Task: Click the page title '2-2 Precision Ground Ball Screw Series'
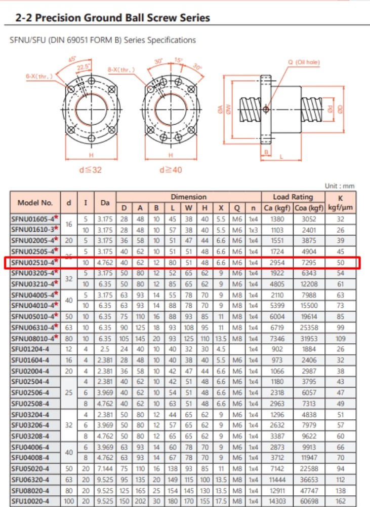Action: [x=112, y=18]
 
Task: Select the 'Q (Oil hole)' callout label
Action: [x=304, y=62]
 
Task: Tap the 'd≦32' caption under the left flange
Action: [x=91, y=170]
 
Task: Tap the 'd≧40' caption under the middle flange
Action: [x=171, y=170]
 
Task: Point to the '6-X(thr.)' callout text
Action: [x=38, y=76]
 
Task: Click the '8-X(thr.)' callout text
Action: [x=121, y=69]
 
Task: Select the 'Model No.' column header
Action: [x=35, y=202]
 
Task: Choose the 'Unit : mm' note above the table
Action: [x=340, y=187]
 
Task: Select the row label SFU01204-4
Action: [x=30, y=349]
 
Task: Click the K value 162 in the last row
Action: [x=340, y=501]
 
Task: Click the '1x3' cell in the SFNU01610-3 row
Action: [x=253, y=230]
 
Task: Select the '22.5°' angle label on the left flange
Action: [x=83, y=66]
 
